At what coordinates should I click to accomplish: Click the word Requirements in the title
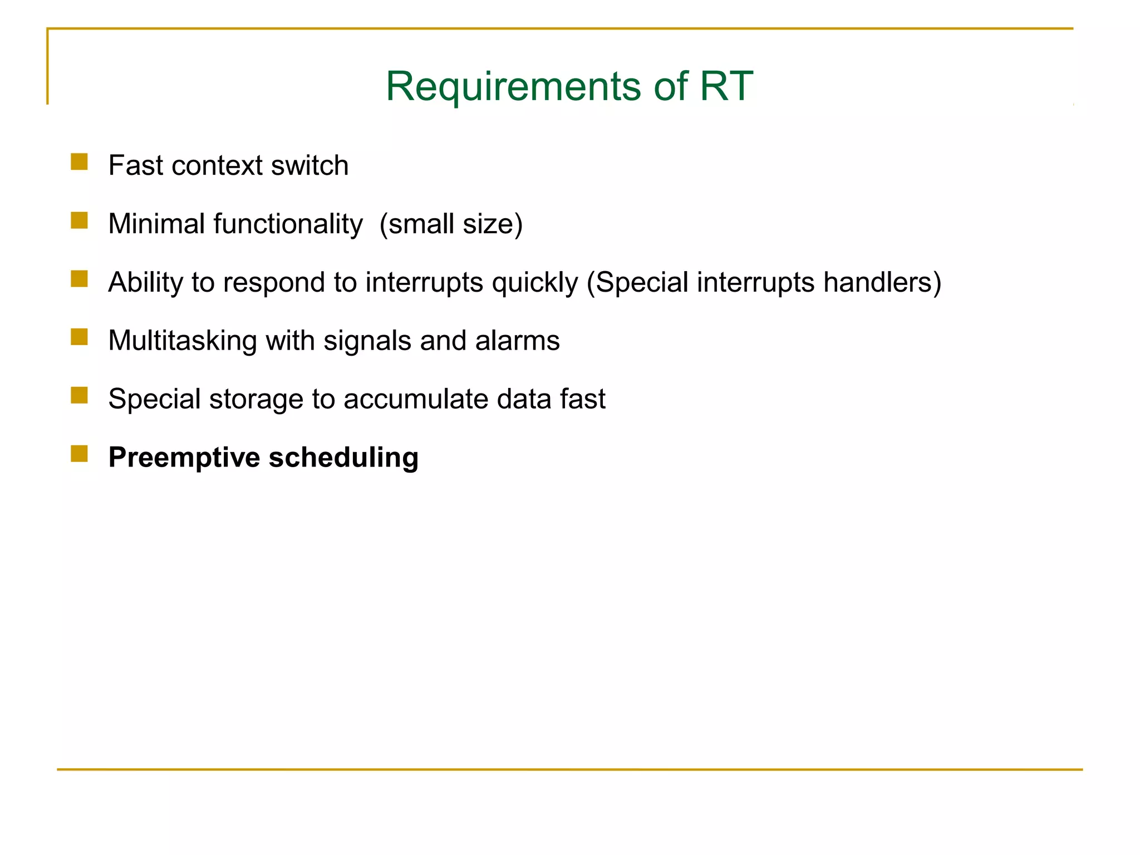point(513,87)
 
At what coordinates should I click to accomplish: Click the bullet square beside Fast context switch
point(80,162)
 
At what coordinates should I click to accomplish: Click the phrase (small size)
point(451,224)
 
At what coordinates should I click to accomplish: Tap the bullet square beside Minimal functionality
point(80,220)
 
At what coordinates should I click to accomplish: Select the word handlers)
point(882,282)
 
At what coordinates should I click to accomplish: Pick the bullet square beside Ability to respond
point(80,279)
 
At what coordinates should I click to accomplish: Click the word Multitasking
point(183,341)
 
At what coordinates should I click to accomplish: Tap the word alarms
point(517,341)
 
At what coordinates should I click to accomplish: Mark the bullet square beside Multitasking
point(80,337)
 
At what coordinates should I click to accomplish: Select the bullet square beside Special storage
point(80,396)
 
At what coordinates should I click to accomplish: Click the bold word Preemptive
point(184,458)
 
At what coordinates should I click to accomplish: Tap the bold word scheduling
point(343,458)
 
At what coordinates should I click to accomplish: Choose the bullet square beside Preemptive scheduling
point(80,454)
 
